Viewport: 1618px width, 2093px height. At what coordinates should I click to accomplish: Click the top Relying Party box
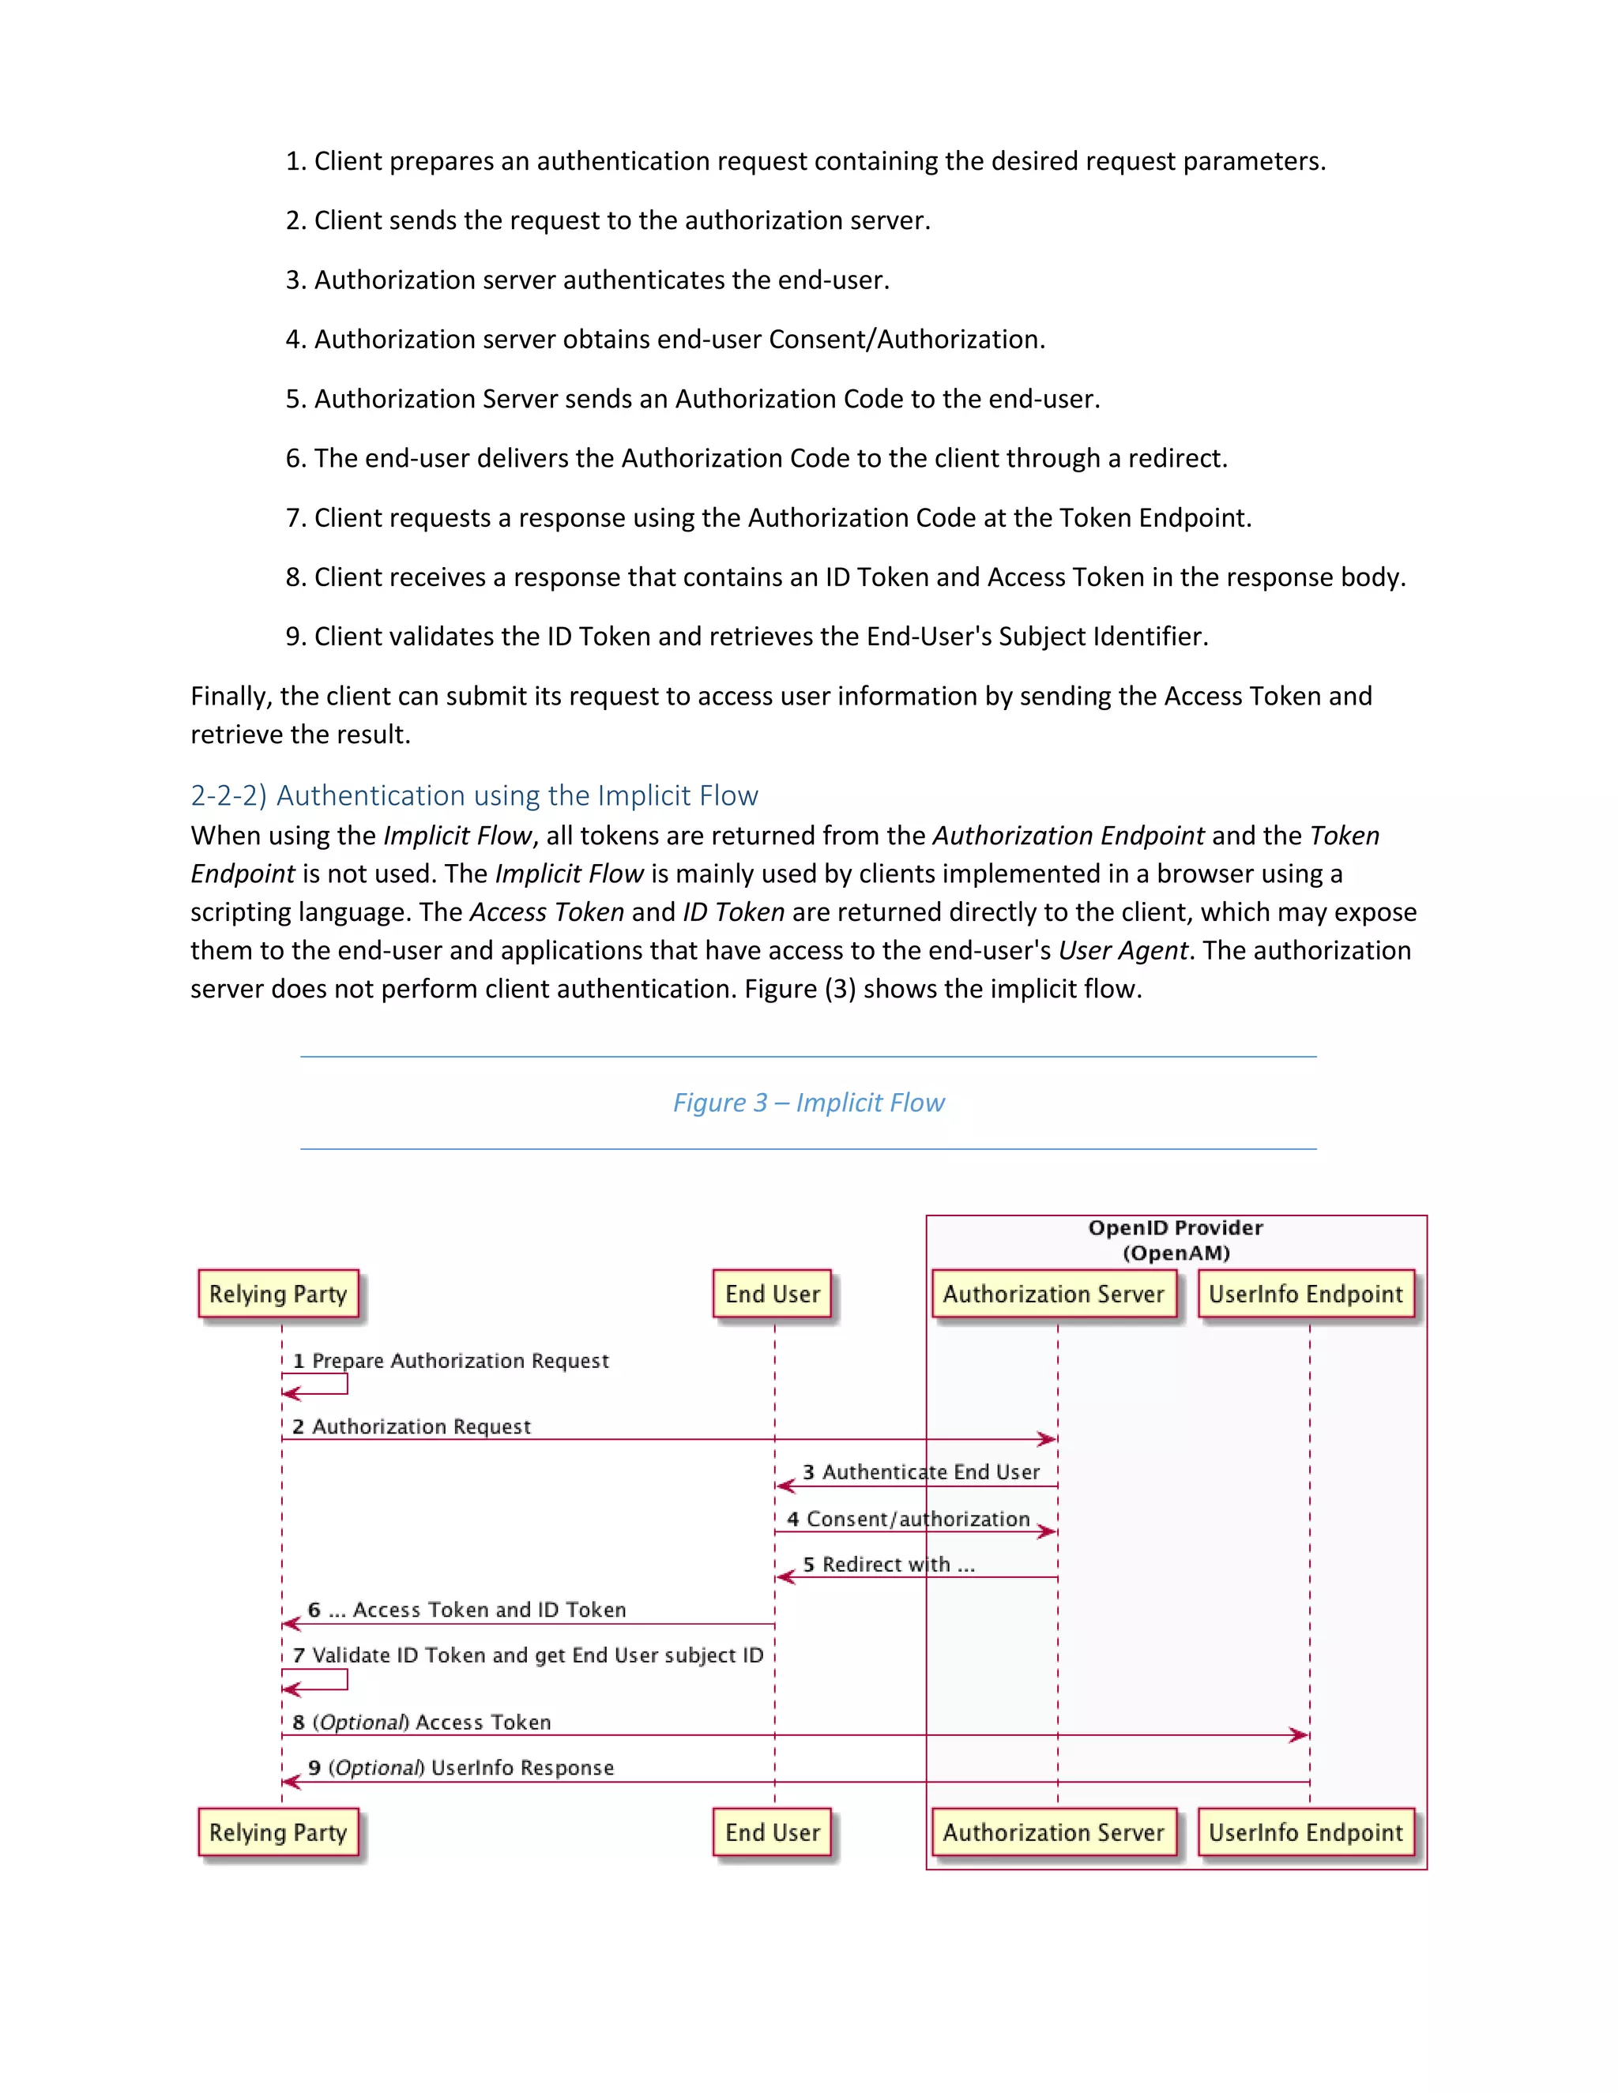(x=278, y=1294)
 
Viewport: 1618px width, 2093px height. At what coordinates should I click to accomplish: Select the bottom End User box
(x=772, y=1832)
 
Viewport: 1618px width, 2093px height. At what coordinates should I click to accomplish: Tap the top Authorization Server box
(x=1052, y=1294)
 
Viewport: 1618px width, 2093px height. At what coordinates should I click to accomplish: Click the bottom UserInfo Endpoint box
(x=1304, y=1832)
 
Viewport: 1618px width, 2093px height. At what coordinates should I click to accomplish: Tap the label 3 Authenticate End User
(x=920, y=1472)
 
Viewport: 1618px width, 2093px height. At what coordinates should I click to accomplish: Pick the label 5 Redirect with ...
(x=889, y=1565)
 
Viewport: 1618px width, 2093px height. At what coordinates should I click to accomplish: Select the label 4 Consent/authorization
(x=908, y=1519)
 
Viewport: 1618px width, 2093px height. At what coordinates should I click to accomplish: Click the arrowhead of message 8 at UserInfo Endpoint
(x=1300, y=1735)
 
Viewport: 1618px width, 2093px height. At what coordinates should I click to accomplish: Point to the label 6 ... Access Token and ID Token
(x=467, y=1610)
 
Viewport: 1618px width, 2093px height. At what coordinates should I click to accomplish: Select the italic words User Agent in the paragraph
(x=1123, y=951)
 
